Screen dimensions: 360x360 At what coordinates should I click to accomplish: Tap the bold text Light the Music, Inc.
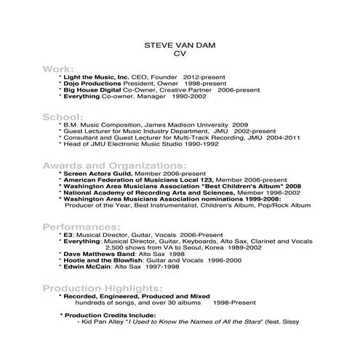click(x=97, y=76)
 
